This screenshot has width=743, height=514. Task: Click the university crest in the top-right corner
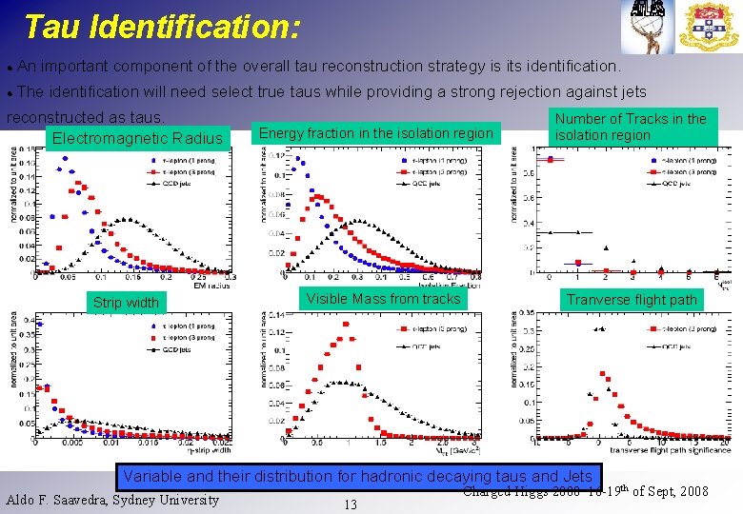(709, 27)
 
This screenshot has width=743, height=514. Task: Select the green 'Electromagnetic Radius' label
(137, 140)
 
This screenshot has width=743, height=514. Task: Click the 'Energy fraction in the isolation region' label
(376, 133)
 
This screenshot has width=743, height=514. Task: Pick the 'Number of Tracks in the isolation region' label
(630, 127)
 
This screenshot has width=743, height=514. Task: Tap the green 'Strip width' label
(126, 303)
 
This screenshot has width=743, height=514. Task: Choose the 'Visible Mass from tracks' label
(383, 299)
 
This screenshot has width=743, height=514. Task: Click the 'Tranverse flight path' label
(632, 300)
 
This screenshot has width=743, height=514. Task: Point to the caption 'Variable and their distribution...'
(357, 476)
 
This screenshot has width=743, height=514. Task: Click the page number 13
(350, 504)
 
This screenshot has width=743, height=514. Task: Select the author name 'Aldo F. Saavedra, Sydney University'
(112, 500)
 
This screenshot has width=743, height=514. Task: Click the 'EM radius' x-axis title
(211, 284)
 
